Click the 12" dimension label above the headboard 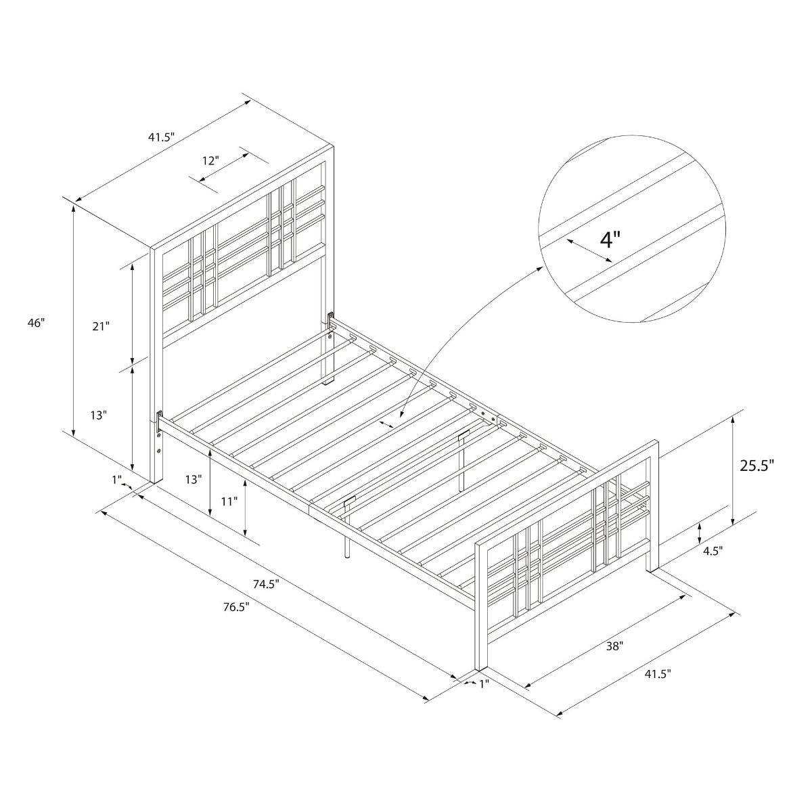210,160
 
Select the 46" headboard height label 37,323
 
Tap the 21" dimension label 100,326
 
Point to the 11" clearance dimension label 229,501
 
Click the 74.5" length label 267,584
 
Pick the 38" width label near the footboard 614,646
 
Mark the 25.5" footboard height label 757,466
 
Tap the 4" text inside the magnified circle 610,240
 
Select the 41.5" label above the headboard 162,137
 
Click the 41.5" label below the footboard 656,674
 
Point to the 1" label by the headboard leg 117,480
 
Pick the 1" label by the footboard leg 483,684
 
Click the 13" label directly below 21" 98,415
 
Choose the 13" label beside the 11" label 194,479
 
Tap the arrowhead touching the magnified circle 541,269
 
